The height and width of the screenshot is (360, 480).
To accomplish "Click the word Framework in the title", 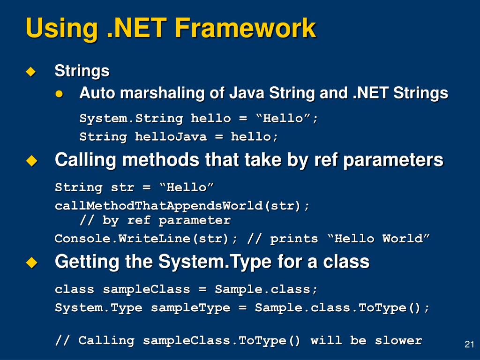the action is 245,28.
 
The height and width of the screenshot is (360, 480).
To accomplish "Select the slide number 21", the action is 469,344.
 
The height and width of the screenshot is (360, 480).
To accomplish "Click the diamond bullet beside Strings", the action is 31,72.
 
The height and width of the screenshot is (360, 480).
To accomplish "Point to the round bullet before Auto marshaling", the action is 59,94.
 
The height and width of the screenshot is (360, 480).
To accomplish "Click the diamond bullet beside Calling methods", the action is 31,161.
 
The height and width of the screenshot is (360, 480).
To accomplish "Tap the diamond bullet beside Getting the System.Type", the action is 31,262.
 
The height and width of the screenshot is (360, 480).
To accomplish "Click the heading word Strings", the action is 82,71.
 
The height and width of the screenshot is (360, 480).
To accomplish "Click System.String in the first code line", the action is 131,119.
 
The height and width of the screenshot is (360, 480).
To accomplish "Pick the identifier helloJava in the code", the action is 171,136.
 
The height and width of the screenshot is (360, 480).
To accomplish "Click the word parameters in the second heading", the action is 393,160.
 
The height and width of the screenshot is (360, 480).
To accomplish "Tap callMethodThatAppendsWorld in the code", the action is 159,206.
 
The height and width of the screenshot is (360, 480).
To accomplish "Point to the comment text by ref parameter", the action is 166,220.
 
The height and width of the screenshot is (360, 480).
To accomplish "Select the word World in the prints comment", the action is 402,239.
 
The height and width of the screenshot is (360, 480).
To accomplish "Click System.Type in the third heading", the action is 215,262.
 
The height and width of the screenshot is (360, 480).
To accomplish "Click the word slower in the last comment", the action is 398,340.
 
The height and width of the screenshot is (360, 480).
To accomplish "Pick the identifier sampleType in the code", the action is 190,308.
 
